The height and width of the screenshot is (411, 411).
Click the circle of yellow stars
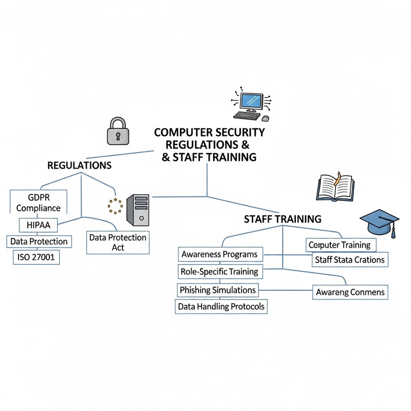116,206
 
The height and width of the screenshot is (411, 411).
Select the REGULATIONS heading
79,165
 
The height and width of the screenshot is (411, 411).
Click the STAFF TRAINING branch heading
282,219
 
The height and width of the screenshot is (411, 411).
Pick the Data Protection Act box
118,242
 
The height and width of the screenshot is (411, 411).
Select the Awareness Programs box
219,254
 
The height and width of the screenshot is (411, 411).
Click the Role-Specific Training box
219,271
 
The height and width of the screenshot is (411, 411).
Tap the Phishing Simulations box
218,290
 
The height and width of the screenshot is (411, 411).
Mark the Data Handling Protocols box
221,306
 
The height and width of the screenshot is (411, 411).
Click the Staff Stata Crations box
348,259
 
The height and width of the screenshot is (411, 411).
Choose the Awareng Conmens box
349,292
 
